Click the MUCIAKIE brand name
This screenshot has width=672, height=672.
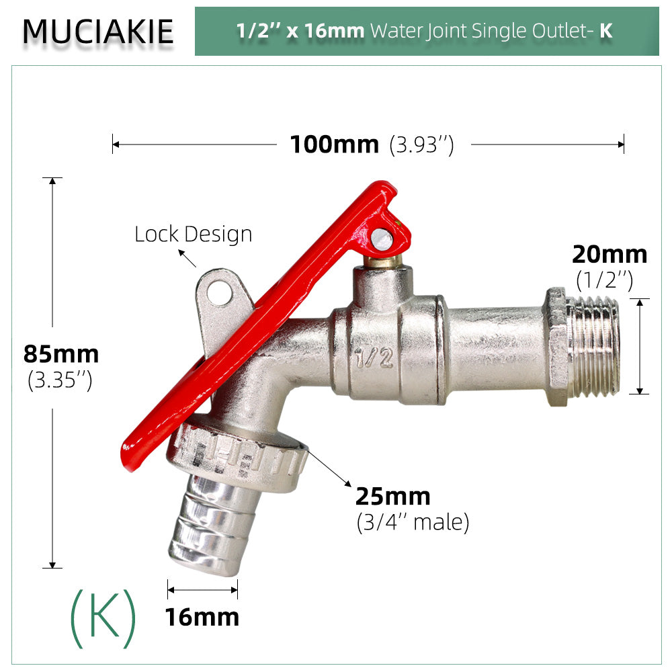tap(98, 32)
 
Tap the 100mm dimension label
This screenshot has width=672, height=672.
tap(334, 144)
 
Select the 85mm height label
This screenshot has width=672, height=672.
tap(61, 354)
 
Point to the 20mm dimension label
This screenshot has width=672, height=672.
tap(610, 254)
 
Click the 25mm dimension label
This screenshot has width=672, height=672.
tap(392, 497)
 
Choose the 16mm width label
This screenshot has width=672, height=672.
tap(202, 617)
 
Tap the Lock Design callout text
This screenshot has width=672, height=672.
tap(194, 234)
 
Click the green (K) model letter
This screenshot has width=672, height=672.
tap(103, 618)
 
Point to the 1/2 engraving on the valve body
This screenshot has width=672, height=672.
tap(374, 358)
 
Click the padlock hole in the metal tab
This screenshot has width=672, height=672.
tap(220, 293)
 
